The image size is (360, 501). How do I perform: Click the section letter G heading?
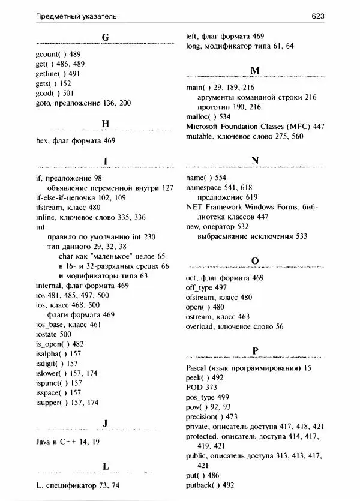pos(106,37)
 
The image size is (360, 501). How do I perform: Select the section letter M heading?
pos(255,71)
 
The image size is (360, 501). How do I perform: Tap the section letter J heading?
pos(106,423)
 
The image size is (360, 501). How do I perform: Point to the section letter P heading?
pos(255,351)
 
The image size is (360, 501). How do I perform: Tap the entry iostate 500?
pos(54,334)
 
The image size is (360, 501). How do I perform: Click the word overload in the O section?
pos(203,326)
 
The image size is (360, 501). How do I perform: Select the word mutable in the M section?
pos(201,137)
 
